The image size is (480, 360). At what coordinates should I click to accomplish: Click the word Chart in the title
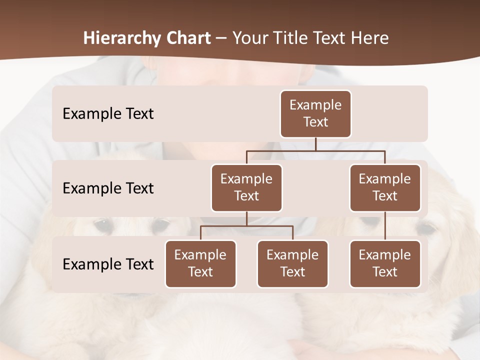(x=186, y=38)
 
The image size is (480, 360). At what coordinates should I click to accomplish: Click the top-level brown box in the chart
(x=315, y=113)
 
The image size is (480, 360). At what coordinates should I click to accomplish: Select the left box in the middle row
(x=246, y=187)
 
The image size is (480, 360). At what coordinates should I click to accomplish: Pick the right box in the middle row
(x=385, y=187)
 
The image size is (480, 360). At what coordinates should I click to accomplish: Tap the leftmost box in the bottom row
(x=200, y=263)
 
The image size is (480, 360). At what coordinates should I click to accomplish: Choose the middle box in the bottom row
(x=292, y=263)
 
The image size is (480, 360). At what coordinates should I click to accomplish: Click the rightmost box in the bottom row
(x=385, y=263)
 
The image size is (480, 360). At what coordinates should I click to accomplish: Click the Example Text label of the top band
(x=108, y=114)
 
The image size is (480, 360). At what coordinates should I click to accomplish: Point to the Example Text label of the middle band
(x=108, y=188)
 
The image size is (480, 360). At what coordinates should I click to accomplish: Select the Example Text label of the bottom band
(x=108, y=264)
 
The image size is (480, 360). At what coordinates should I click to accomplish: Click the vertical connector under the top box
(x=315, y=144)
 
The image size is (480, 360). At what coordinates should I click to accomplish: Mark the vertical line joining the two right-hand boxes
(x=385, y=226)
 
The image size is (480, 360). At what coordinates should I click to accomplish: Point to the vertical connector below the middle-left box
(x=246, y=218)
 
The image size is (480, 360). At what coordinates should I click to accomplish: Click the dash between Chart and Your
(x=221, y=39)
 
